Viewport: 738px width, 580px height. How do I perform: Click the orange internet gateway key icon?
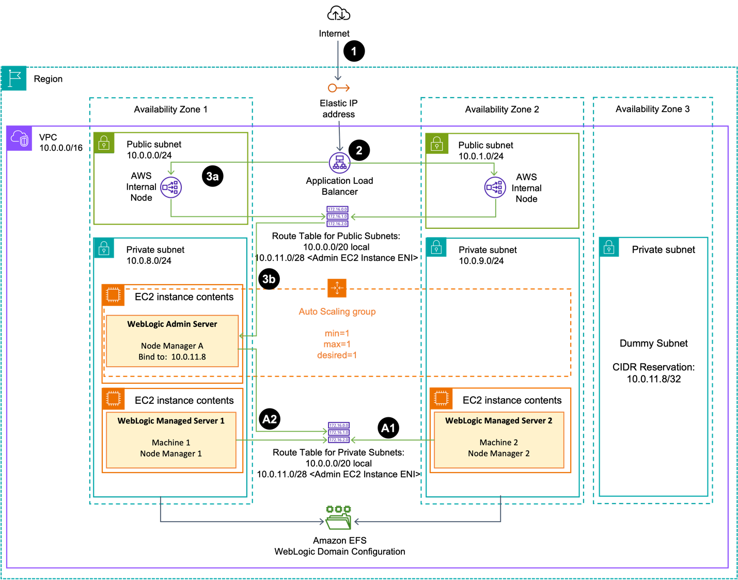tap(339, 88)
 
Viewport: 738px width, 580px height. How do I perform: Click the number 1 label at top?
tap(354, 52)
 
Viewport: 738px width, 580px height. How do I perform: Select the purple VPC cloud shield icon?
tap(20, 139)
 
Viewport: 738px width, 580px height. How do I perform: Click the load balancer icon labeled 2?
tap(339, 163)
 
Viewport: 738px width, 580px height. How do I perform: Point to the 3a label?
tap(212, 177)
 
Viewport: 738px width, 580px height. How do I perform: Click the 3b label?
tap(269, 279)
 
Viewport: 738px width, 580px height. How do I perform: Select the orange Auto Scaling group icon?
tap(337, 288)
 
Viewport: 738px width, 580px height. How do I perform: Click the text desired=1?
tap(337, 355)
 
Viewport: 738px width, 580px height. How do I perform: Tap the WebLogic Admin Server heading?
tap(172, 324)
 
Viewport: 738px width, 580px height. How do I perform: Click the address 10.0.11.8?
tap(189, 357)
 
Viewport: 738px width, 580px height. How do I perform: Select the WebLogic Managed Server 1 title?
tap(171, 421)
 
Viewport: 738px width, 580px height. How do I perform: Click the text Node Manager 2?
tap(498, 453)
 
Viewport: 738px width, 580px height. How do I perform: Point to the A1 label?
tap(388, 428)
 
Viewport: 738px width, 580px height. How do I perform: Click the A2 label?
tap(270, 419)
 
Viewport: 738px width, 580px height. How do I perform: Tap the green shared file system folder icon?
tap(338, 518)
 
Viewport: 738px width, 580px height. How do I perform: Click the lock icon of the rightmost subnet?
tap(609, 247)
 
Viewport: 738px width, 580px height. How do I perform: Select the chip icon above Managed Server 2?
tap(441, 398)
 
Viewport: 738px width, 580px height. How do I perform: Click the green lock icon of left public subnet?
tap(104, 143)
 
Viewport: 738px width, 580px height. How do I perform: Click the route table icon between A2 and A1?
tap(338, 433)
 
